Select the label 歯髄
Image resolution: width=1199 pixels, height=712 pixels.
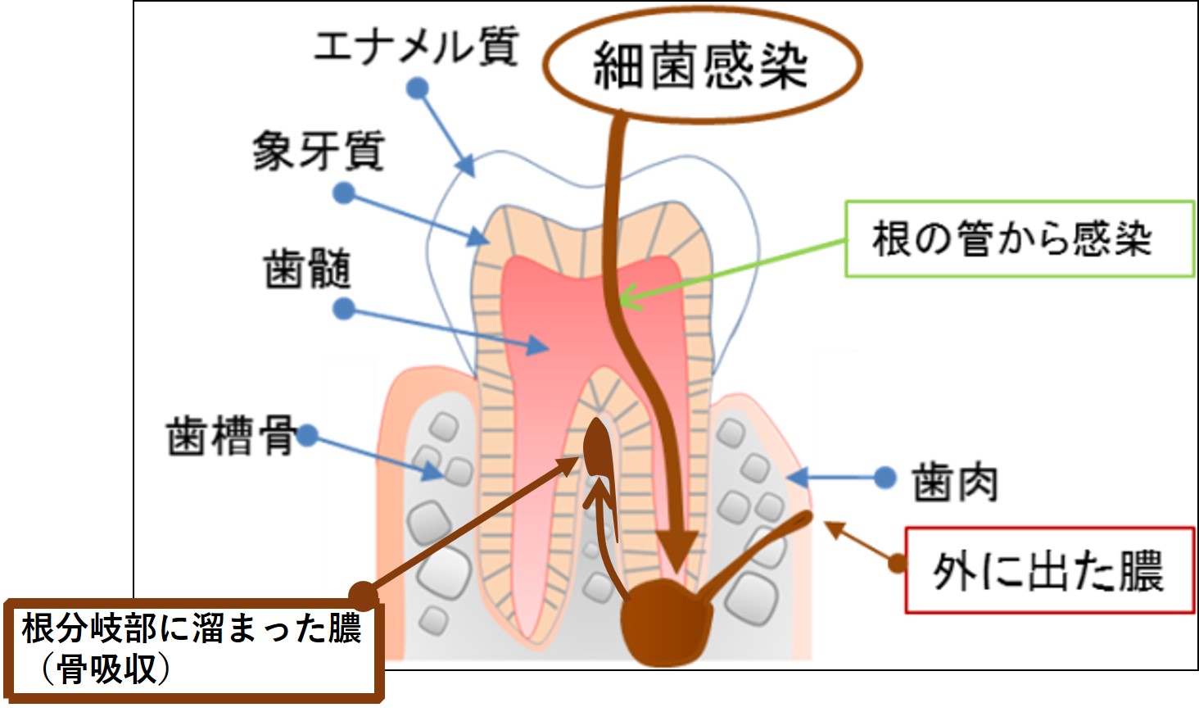[307, 269]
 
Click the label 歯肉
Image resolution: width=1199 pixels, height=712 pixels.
[955, 482]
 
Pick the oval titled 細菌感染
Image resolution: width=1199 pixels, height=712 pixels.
[701, 66]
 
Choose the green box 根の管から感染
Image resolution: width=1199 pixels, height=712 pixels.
[1019, 238]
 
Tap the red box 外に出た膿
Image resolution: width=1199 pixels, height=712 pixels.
[1048, 570]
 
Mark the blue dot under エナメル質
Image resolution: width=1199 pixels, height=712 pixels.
[418, 88]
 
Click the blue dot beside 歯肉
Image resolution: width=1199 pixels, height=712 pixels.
[885, 477]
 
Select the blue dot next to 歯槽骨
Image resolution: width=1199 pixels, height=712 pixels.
[307, 435]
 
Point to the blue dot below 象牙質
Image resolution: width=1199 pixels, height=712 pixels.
[344, 193]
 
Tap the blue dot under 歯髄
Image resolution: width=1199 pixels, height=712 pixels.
[344, 309]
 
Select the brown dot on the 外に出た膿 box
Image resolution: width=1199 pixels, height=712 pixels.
[898, 562]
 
